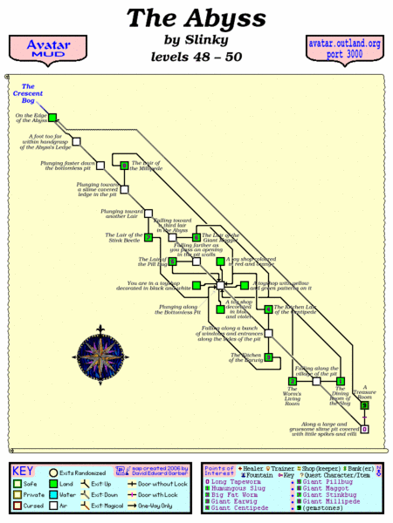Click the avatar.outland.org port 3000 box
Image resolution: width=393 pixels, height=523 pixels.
click(345, 51)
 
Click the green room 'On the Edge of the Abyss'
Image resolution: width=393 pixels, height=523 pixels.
click(52, 118)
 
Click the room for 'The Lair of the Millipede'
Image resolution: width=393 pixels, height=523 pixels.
click(125, 165)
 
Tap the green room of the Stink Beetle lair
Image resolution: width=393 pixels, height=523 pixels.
click(148, 237)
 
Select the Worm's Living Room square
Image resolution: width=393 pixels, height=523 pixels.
click(292, 381)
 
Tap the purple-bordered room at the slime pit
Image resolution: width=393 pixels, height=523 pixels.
click(365, 429)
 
